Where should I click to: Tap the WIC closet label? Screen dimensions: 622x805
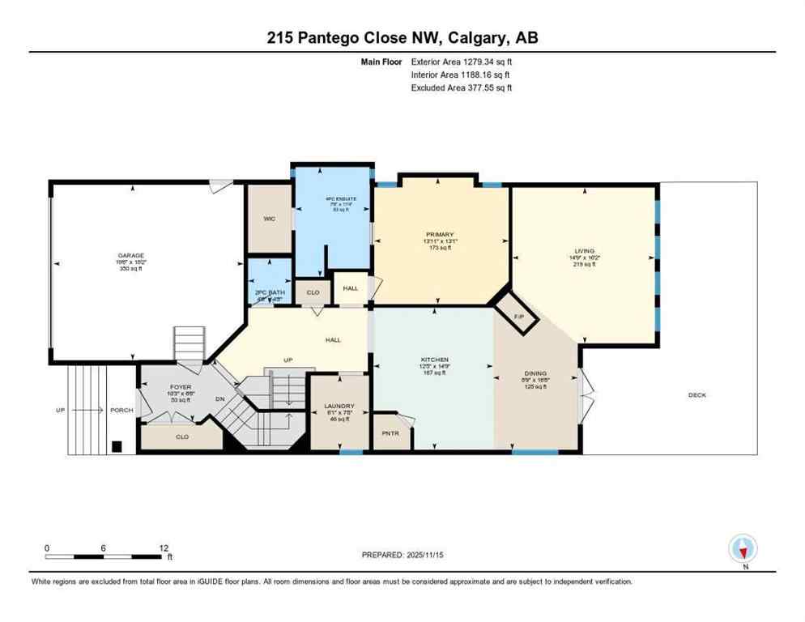click(x=270, y=219)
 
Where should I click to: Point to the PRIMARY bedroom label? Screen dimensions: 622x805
click(x=440, y=235)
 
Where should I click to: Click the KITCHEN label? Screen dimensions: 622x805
click(x=434, y=360)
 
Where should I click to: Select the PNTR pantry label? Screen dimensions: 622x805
click(x=390, y=433)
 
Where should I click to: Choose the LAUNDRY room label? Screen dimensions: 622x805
click(x=339, y=406)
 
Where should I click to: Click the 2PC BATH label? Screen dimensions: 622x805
click(x=270, y=292)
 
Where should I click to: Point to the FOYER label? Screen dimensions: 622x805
click(x=179, y=388)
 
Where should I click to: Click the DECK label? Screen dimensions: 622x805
click(x=696, y=395)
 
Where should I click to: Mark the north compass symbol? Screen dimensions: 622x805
click(x=743, y=549)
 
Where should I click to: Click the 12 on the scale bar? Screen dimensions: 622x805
click(x=164, y=548)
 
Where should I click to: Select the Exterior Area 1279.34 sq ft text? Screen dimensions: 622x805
click(x=462, y=61)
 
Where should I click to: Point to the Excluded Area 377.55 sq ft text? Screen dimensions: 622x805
click(x=462, y=87)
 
